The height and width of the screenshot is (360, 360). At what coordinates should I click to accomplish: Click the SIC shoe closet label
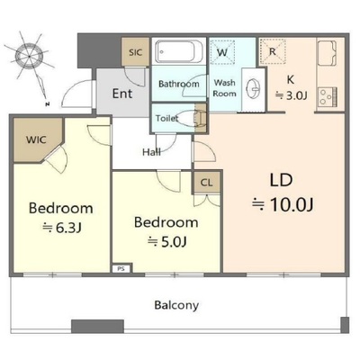click(135, 52)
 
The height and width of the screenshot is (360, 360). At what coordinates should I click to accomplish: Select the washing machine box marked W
click(222, 52)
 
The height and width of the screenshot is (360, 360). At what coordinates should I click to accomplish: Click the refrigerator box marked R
click(273, 51)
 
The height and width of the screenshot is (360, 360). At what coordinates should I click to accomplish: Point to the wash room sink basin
click(253, 89)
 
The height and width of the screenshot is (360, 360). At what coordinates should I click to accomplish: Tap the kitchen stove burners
click(328, 97)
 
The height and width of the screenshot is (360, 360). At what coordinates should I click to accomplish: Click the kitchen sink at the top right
click(328, 53)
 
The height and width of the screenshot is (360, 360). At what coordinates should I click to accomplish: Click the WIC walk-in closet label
click(36, 139)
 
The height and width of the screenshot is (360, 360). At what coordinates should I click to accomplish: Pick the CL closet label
click(206, 182)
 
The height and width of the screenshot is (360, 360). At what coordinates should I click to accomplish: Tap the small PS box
click(121, 268)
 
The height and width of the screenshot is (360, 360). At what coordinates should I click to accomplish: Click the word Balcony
click(176, 305)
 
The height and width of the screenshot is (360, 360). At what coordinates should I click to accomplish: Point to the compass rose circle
click(29, 56)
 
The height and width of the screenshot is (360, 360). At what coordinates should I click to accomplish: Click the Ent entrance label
click(122, 94)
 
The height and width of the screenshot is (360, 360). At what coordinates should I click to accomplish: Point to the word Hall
click(151, 152)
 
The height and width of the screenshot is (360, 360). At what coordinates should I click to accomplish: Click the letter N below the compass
click(47, 104)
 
